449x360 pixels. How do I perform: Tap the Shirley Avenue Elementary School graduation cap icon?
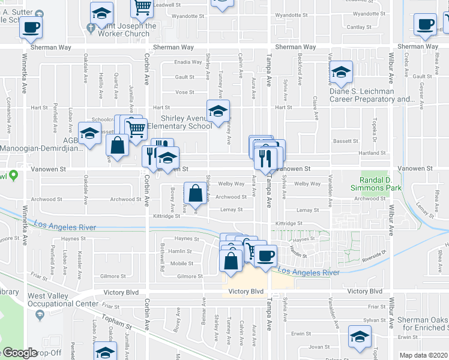[218, 110]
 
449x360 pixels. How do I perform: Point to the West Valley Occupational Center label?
[62, 299]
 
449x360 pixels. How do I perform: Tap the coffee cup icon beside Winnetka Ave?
[31, 26]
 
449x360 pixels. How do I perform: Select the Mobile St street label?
[182, 263]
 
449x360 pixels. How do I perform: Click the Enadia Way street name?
[188, 62]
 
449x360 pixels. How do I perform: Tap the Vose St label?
[184, 92]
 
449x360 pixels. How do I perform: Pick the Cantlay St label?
[360, 27]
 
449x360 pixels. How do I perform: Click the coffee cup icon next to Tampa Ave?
[265, 255]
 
